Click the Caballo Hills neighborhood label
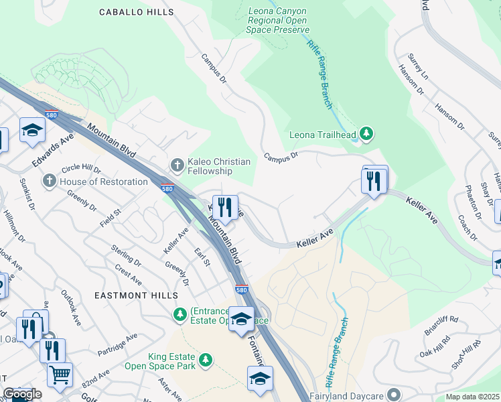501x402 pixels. (136, 12)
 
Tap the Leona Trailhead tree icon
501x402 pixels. (366, 134)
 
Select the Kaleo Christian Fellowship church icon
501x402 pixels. (177, 164)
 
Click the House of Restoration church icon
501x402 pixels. (50, 182)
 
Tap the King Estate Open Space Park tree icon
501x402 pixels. (206, 360)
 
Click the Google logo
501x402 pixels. (22, 394)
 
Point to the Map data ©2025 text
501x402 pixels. (472, 397)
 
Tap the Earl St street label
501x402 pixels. (202, 255)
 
